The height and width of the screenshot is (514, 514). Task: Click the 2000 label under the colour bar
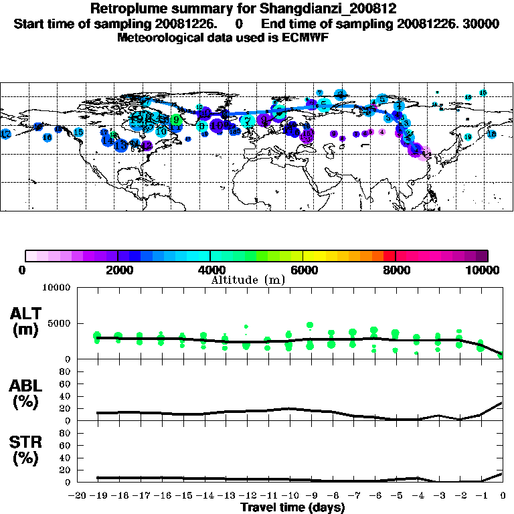pos(118,270)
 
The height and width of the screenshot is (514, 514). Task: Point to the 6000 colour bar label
pos(303,270)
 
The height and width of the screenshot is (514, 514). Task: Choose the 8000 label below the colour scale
pos(395,270)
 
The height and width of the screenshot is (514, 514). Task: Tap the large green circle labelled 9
pos(175,120)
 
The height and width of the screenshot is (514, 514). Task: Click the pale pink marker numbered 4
pos(381,133)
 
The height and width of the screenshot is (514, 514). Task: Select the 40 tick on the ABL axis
pos(66,396)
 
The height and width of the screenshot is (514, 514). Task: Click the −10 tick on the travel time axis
pos(290,497)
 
